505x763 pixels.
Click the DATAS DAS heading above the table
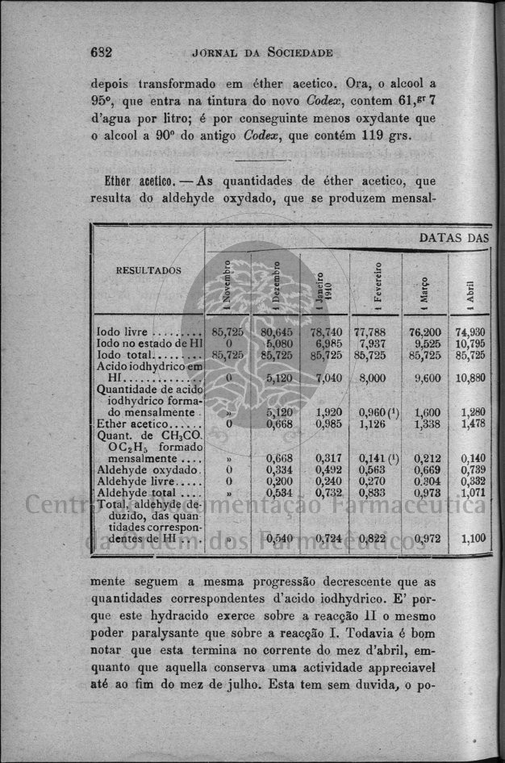pyautogui.click(x=453, y=238)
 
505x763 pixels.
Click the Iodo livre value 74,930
pyautogui.click(x=470, y=331)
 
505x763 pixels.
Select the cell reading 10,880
pyautogui.click(x=470, y=377)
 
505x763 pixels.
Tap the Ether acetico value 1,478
pyautogui.click(x=472, y=423)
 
